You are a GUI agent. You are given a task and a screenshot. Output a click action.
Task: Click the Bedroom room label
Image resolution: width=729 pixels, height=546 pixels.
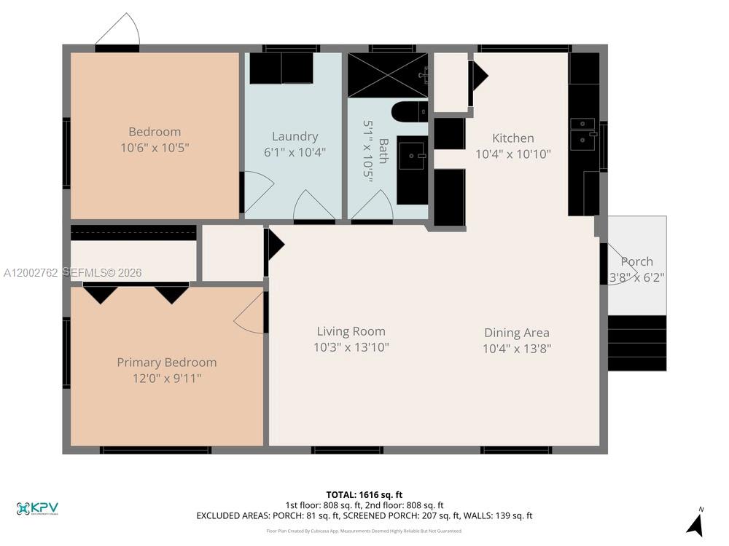[x=155, y=132]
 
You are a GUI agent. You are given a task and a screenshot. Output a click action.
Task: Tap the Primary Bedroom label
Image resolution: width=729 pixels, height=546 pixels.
[x=166, y=363]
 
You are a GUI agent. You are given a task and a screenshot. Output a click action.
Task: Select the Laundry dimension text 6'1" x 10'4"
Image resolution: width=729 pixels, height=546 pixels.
[x=295, y=153]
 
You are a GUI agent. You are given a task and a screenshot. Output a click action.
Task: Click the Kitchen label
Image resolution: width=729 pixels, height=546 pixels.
[x=512, y=138]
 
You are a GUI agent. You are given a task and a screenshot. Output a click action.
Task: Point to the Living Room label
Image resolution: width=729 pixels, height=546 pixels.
[x=351, y=331]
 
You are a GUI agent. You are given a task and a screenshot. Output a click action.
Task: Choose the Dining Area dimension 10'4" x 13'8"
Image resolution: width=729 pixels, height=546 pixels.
[x=516, y=349]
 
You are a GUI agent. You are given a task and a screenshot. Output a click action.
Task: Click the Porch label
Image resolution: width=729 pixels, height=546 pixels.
[x=636, y=261]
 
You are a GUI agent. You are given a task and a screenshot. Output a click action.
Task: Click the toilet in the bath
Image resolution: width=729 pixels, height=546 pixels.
[x=409, y=112]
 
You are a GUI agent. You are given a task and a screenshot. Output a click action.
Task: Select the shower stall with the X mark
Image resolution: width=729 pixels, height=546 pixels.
[x=386, y=75]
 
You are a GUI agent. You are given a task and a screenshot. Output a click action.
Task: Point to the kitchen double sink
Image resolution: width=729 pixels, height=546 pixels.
[x=582, y=134]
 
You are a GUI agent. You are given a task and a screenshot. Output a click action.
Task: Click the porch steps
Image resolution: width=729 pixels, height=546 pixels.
[x=637, y=343]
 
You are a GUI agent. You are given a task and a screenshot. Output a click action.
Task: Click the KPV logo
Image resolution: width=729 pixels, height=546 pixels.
[x=37, y=508]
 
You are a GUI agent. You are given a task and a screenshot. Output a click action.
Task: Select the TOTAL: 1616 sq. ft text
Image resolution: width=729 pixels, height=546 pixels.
[x=364, y=494]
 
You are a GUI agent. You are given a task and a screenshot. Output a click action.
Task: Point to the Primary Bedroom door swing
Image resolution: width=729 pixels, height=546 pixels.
[x=250, y=315]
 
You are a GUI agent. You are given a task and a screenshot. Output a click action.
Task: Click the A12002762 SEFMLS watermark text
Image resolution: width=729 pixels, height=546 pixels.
[x=72, y=273]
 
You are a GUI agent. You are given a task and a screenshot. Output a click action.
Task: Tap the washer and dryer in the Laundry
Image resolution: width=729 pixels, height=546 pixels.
[x=281, y=68]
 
